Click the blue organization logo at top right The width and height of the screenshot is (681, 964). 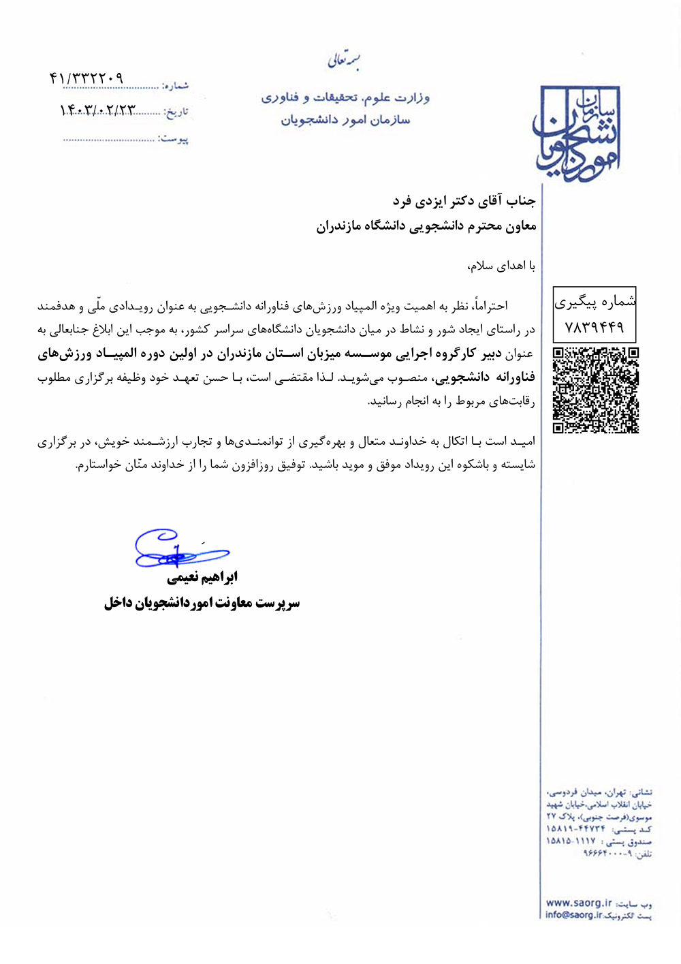(577, 133)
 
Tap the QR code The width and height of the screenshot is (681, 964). (595, 390)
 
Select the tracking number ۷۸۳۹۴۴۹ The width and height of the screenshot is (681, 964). (595, 328)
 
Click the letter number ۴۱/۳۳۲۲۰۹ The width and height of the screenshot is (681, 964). (86, 78)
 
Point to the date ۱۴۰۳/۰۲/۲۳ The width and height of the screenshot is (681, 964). (98, 110)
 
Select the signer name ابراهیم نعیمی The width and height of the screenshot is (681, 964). (202, 578)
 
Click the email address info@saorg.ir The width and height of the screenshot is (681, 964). (573, 915)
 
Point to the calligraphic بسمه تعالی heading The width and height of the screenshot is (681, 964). (344, 61)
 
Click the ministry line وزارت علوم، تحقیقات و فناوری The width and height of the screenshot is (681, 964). (345, 97)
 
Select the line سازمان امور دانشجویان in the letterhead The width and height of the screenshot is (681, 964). (345, 120)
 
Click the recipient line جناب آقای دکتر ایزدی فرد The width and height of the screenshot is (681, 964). (464, 201)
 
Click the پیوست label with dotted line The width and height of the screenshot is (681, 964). (173, 139)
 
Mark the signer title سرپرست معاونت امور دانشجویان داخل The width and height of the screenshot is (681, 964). (202, 603)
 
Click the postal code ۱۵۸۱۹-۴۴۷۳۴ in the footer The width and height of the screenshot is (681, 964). (575, 829)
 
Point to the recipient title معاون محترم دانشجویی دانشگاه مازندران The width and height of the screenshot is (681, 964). (426, 226)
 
